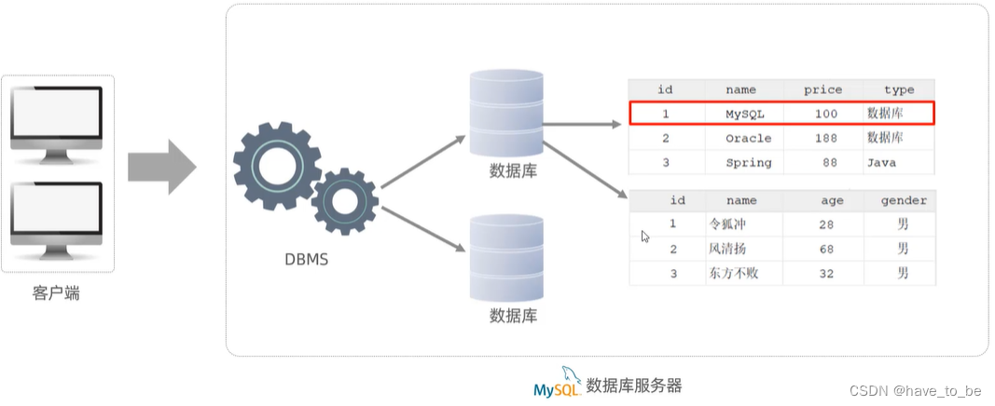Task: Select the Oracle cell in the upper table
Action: coord(749,138)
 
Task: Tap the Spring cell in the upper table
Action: coord(749,162)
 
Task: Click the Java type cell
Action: coord(881,162)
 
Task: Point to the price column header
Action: coord(822,89)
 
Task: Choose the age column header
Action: coord(832,200)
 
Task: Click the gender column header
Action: coord(904,200)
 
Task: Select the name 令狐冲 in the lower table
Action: coord(728,224)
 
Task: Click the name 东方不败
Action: coord(734,273)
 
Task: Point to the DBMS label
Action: coord(307,260)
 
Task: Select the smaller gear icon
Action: coord(344,200)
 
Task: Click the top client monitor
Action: coord(56,118)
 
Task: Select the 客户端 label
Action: coord(56,294)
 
